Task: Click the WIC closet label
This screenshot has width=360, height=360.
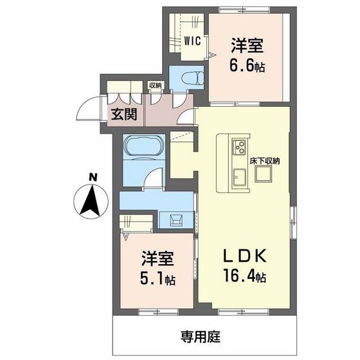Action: [x=194, y=40]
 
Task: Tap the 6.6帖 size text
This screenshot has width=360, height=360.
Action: [x=248, y=65]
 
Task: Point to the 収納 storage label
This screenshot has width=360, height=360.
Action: [x=155, y=85]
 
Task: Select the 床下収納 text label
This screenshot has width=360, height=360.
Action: [x=264, y=160]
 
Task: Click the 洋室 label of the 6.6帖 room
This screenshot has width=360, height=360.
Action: [x=248, y=46]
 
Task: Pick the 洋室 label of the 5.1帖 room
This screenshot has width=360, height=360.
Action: [x=157, y=260]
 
